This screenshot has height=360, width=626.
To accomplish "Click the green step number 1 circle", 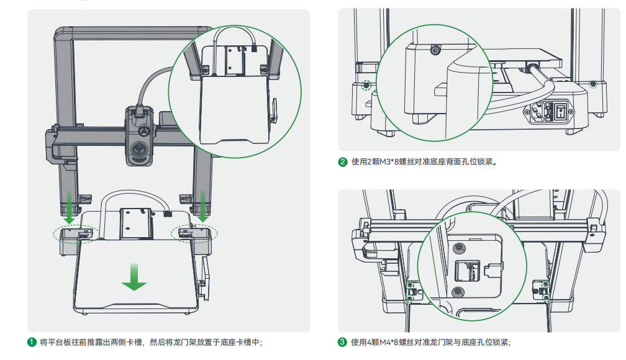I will pos(32,342).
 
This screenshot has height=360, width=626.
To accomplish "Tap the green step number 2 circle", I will pos(342,162).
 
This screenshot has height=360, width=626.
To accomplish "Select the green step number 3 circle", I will pos(342,342).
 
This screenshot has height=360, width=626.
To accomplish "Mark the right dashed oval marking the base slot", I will pos(194,233).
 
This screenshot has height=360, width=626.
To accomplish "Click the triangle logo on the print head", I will pos(142,131).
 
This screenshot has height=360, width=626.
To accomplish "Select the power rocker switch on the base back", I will pos(561,112).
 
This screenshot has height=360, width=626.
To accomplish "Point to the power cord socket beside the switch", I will pos(538,112).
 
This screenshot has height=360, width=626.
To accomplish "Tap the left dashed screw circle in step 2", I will pos(366,86).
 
